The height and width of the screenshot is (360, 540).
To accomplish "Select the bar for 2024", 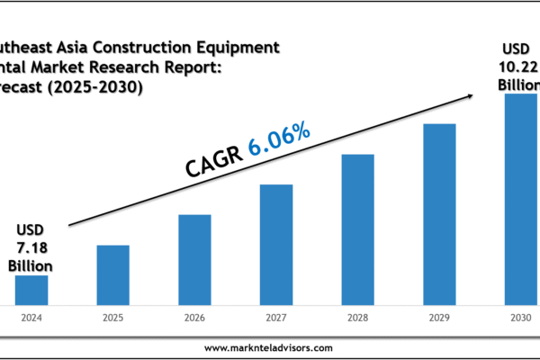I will [x=31, y=290].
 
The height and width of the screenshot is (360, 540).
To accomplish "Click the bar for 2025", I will [x=113, y=274].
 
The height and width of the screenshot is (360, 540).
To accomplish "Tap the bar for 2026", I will [x=194, y=259].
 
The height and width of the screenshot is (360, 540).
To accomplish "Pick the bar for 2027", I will [x=276, y=244].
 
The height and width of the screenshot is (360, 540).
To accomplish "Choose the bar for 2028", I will [x=357, y=229].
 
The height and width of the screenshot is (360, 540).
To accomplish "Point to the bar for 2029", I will [x=439, y=213].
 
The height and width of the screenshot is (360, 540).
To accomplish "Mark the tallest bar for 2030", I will [x=520, y=198].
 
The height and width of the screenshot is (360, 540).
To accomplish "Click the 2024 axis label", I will [x=31, y=318].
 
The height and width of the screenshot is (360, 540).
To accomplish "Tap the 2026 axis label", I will [x=194, y=318].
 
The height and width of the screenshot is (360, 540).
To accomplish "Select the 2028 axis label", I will [x=357, y=318].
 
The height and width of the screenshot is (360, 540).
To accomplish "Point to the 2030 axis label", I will [x=520, y=318].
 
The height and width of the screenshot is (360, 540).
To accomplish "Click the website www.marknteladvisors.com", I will [x=268, y=348].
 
